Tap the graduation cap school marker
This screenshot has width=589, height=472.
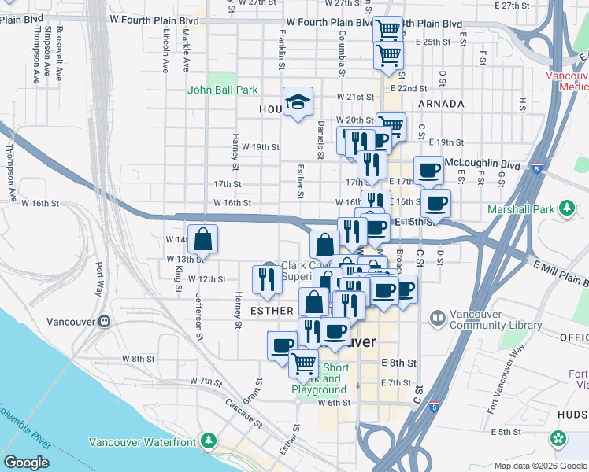pyautogui.click(x=298, y=101)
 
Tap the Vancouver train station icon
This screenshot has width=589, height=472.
pyautogui.click(x=104, y=322)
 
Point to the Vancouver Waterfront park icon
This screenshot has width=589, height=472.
pyautogui.click(x=209, y=441)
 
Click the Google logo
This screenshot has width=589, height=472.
pyautogui.click(x=27, y=463)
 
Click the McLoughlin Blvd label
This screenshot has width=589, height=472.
pyautogui.click(x=483, y=164)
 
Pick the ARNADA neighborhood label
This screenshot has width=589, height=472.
pyautogui.click(x=441, y=104)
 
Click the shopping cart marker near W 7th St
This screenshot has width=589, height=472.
pyautogui.click(x=304, y=363)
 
